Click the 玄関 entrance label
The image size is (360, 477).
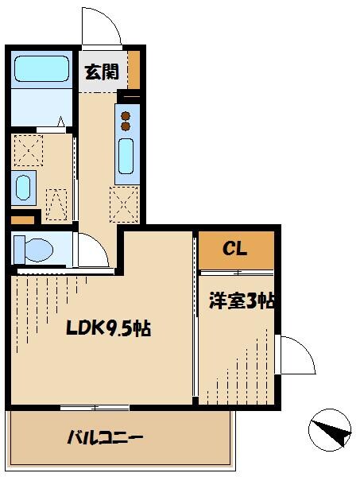point(102,72)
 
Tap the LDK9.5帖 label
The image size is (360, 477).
point(109,328)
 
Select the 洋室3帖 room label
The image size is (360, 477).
point(242,301)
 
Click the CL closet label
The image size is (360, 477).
point(234,249)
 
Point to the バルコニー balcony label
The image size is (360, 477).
point(105,438)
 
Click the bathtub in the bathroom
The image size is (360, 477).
point(41,68)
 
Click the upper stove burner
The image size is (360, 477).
point(126,116)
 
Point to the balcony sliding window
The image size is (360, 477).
point(95,408)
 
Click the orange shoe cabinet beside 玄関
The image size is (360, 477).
point(134,70)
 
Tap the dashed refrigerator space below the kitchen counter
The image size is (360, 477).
point(124,204)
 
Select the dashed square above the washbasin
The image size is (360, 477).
point(29,150)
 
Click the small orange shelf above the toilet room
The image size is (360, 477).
point(22,220)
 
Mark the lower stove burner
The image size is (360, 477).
point(126,126)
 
